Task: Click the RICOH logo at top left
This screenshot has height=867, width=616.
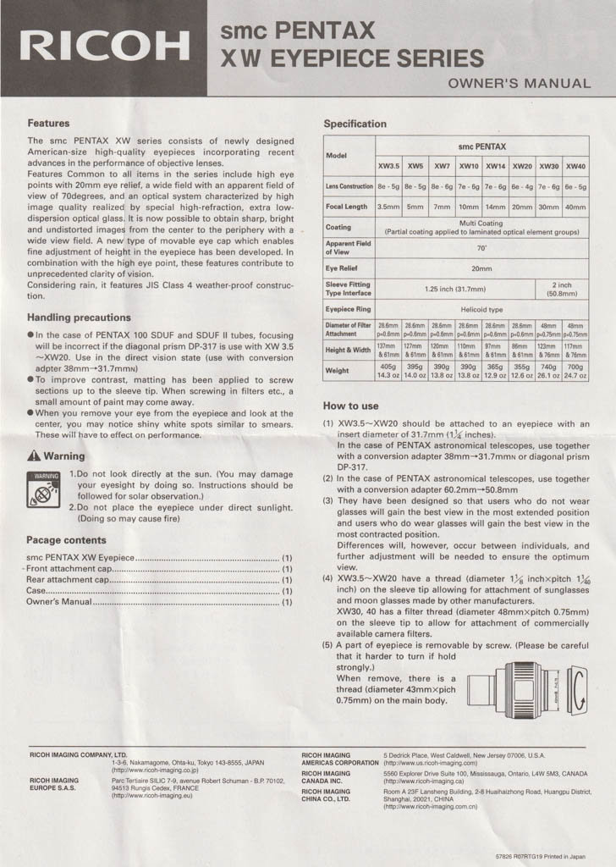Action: pyautogui.click(x=106, y=47)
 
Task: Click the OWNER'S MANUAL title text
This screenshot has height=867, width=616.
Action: pyautogui.click(x=519, y=83)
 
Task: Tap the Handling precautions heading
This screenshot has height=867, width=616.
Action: pyautogui.click(x=79, y=318)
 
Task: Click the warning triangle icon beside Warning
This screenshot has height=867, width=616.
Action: pyautogui.click(x=35, y=456)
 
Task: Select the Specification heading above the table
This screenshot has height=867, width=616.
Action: pyautogui.click(x=355, y=124)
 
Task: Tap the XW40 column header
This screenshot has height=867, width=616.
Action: pyautogui.click(x=575, y=166)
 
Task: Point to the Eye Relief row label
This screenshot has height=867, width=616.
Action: pyautogui.click(x=344, y=268)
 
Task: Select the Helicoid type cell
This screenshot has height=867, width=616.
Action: pyautogui.click(x=481, y=310)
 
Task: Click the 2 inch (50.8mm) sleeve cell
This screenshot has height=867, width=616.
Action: pyautogui.click(x=563, y=289)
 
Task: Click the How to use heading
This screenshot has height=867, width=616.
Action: pyautogui.click(x=350, y=406)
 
